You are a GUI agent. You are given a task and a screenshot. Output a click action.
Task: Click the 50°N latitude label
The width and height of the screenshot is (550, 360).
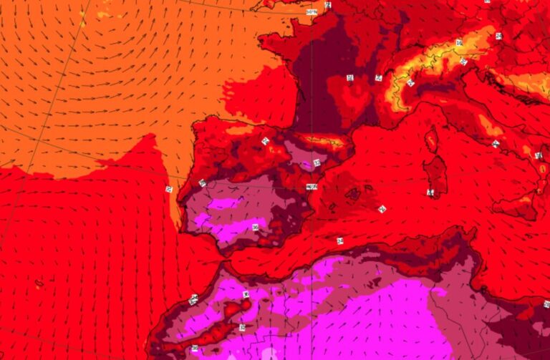coord(312,12)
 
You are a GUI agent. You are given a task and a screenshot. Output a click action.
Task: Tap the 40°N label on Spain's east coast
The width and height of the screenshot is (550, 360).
coord(312,187)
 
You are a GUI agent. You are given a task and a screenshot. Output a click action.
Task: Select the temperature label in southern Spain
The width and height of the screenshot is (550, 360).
coord(255,227)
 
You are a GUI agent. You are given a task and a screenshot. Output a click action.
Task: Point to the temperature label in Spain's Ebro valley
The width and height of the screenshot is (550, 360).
coord(316,164)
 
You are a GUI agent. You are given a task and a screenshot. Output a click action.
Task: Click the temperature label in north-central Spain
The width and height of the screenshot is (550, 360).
coord(266,141)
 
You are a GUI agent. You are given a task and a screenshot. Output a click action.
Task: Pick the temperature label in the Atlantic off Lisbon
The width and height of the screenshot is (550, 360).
coord(170,189)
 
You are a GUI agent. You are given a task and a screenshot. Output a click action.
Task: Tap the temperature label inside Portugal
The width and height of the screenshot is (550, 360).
coord(203,183)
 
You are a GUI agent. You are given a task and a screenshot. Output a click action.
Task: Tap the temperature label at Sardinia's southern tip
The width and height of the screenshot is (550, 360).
coord(430,193)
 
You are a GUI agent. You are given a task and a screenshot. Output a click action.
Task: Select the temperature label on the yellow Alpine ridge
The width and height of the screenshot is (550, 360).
coord(459,43)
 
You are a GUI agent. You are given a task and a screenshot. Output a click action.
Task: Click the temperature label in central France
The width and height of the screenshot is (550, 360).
coord(349,77)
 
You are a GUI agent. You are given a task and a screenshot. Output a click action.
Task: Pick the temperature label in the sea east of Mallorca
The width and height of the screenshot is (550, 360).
coord(382,209)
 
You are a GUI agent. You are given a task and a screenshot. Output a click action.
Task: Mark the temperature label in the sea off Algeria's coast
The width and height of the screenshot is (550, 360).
coord(339,240)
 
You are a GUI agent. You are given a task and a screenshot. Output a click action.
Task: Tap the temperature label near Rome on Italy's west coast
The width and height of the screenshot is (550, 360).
coord(495,144)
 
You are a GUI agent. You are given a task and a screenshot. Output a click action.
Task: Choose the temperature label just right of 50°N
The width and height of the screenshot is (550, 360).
coord(329,6)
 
